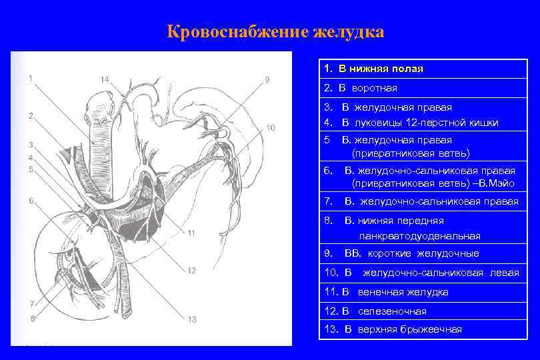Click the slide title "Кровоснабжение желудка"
point(275,32)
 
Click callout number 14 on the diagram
point(105,79)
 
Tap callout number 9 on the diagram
point(267,79)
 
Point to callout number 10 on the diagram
point(269,127)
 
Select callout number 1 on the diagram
point(31,77)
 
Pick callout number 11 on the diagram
point(191,233)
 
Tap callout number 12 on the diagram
point(191,270)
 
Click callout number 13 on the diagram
point(191,319)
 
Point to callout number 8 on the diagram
point(31,318)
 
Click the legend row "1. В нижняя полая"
point(373,69)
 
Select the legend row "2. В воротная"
point(360,88)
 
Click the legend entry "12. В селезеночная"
point(375,311)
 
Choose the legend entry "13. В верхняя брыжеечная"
point(393,329)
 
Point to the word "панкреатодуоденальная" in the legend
point(419,236)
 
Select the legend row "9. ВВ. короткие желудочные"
point(401,253)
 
